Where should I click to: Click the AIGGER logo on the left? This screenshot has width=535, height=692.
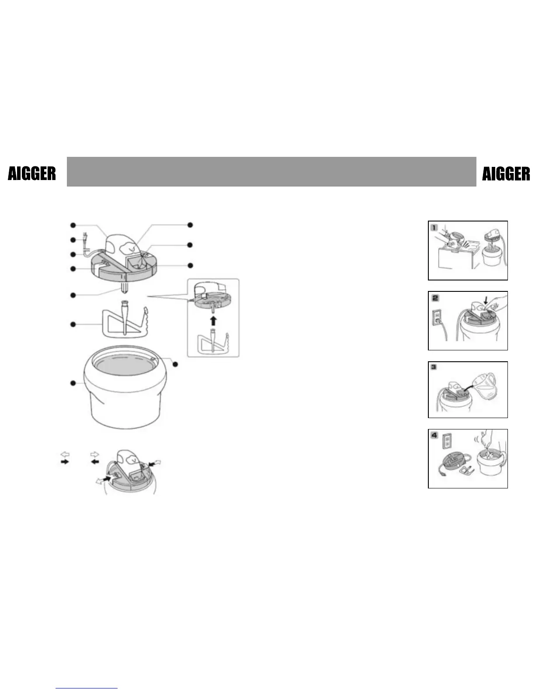pyautogui.click(x=32, y=174)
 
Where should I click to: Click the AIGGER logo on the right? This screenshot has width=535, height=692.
pyautogui.click(x=506, y=174)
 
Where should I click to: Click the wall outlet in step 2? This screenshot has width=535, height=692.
pyautogui.click(x=436, y=317)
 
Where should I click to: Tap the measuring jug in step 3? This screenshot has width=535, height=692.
pyautogui.click(x=486, y=386)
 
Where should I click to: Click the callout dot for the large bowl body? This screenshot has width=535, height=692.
pyautogui.click(x=73, y=383)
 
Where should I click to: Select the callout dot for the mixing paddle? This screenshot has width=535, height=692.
pyautogui.click(x=73, y=324)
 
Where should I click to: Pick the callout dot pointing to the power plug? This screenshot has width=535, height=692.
pyautogui.click(x=73, y=240)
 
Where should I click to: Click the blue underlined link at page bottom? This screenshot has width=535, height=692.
pyautogui.click(x=87, y=689)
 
